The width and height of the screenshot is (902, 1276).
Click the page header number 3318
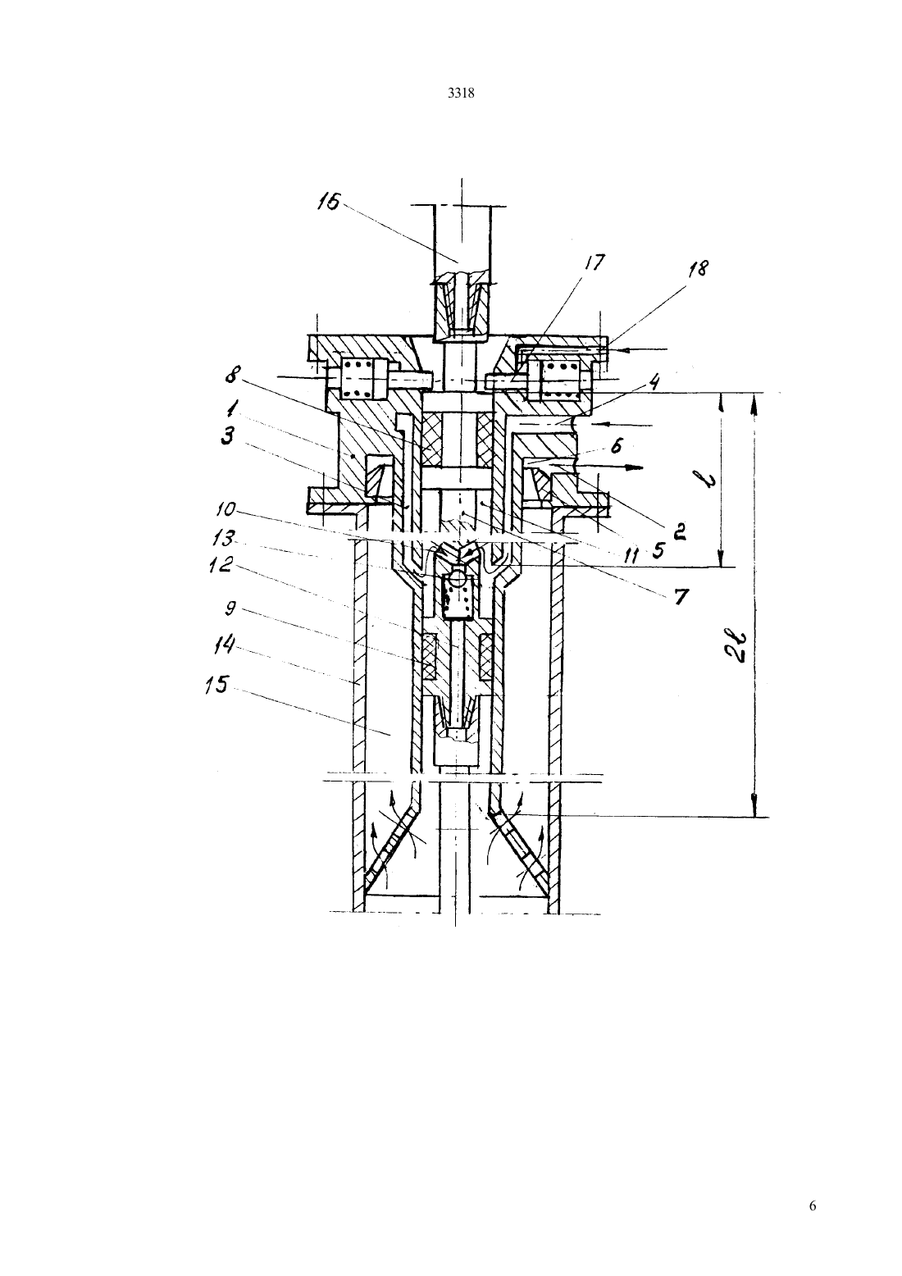461,93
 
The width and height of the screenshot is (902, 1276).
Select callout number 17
594,262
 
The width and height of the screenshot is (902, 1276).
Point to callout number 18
698,269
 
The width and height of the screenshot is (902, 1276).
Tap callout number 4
655,381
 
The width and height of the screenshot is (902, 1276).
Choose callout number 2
679,531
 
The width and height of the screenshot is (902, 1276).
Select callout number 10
225,509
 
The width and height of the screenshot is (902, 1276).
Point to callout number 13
222,537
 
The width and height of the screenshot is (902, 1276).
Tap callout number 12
223,564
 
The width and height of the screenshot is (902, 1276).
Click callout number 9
230,608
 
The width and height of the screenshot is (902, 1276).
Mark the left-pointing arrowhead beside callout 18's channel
616,348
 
